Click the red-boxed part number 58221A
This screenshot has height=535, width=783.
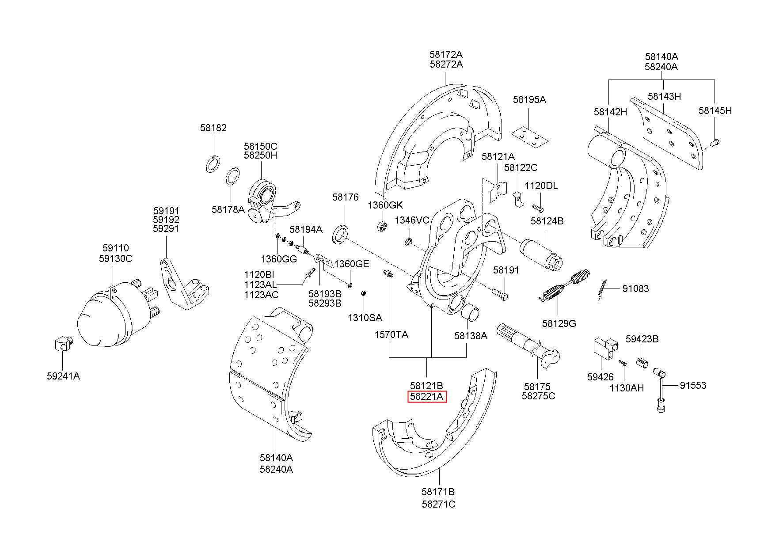click(x=426, y=397)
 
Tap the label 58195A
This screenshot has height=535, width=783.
click(x=529, y=100)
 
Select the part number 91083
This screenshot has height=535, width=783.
click(x=635, y=289)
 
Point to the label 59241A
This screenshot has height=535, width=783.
click(x=63, y=376)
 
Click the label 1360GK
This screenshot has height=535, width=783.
click(x=385, y=205)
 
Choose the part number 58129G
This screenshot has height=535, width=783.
click(x=559, y=323)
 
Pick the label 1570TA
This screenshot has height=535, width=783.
click(x=391, y=334)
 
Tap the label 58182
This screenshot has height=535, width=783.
click(x=213, y=128)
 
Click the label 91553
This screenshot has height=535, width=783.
click(x=693, y=385)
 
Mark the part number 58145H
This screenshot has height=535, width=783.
click(x=715, y=110)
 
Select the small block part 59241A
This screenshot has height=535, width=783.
click(x=62, y=343)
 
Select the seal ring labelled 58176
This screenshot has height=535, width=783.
click(x=340, y=234)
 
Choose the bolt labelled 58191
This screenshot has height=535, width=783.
click(x=499, y=293)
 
